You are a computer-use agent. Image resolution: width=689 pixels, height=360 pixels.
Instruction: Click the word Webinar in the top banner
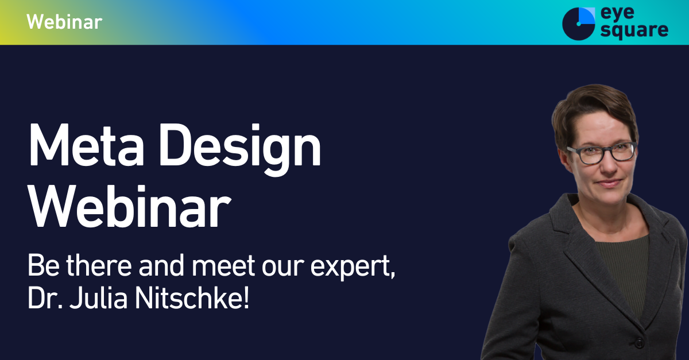pyautogui.click(x=64, y=22)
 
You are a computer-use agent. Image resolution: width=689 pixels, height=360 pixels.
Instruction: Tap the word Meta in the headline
pyautogui.click(x=86, y=145)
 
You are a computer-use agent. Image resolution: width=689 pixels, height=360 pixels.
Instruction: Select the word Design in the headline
pyautogui.click(x=240, y=150)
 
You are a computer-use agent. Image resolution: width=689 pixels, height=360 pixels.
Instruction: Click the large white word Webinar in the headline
pyautogui.click(x=130, y=206)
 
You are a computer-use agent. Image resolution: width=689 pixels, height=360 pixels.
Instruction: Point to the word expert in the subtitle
pyautogui.click(x=353, y=267)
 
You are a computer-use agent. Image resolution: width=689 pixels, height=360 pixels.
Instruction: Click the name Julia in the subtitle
pyautogui.click(x=98, y=298)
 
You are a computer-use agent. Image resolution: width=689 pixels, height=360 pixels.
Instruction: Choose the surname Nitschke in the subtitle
pyautogui.click(x=188, y=298)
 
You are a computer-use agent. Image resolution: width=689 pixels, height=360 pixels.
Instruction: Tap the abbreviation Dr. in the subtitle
pyautogui.click(x=45, y=298)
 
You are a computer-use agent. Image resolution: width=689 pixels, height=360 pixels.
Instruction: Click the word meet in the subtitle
pyautogui.click(x=223, y=265)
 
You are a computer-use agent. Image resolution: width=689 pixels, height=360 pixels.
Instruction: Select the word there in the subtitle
pyautogui.click(x=99, y=265)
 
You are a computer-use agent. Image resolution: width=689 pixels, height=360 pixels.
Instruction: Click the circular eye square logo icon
pyautogui.click(x=578, y=24)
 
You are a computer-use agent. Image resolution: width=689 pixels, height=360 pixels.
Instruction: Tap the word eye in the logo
pyautogui.click(x=617, y=14)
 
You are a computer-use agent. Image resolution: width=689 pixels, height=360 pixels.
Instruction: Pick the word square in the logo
pyautogui.click(x=634, y=31)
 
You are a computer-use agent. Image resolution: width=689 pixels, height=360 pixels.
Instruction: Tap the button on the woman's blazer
pyautogui.click(x=639, y=342)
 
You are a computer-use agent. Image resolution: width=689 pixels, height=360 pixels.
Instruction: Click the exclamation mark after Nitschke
pyautogui.click(x=246, y=298)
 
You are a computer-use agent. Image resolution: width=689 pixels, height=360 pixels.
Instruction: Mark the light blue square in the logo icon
pyautogui.click(x=587, y=16)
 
